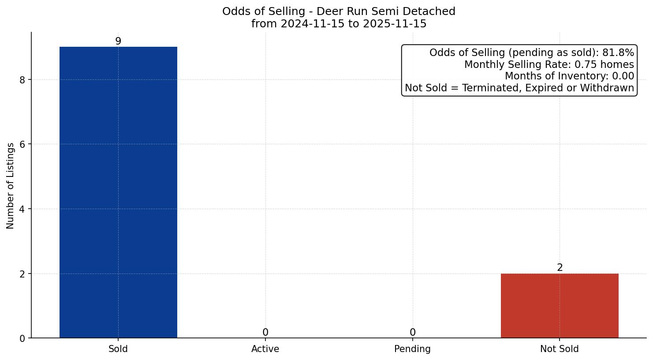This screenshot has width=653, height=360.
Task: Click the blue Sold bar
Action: [x=118, y=192]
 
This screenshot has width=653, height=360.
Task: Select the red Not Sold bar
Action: [x=560, y=306]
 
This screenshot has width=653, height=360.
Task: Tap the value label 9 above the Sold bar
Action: [x=118, y=41]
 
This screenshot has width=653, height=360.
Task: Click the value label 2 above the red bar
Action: [x=560, y=267]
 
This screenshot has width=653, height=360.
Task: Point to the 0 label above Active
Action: [x=265, y=332]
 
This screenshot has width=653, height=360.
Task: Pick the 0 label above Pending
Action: [x=412, y=332]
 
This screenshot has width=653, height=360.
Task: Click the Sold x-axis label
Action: [x=118, y=349]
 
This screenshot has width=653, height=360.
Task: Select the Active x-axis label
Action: [x=265, y=349]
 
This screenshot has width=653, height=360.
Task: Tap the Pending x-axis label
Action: [x=412, y=349]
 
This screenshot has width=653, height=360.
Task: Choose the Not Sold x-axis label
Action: [x=559, y=349]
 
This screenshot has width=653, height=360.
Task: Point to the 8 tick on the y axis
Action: [x=22, y=80]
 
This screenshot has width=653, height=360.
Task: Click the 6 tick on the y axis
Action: [x=22, y=144]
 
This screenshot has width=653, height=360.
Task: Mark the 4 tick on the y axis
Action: [x=22, y=209]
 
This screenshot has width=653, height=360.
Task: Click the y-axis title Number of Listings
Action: [x=11, y=185]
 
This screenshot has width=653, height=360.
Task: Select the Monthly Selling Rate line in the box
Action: [x=549, y=64]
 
